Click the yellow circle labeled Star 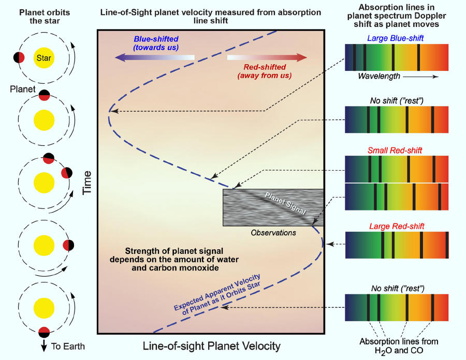(x=44, y=58)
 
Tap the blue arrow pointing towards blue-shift (x=154, y=57)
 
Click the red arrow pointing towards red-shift (x=267, y=57)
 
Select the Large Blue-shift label (x=395, y=38)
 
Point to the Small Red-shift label (x=395, y=151)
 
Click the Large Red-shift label (x=397, y=227)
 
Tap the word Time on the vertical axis (x=87, y=183)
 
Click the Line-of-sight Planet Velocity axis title (x=211, y=346)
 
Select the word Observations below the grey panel (x=273, y=233)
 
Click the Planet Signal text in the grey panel (x=285, y=203)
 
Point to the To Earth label (x=68, y=347)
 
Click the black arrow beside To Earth (x=44, y=346)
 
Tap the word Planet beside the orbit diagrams (x=23, y=89)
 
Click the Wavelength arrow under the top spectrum (x=420, y=77)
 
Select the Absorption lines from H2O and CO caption (x=399, y=346)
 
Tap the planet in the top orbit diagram (x=19, y=57)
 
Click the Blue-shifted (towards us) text (x=156, y=43)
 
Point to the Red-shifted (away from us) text (x=265, y=71)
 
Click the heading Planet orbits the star (x=45, y=17)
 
